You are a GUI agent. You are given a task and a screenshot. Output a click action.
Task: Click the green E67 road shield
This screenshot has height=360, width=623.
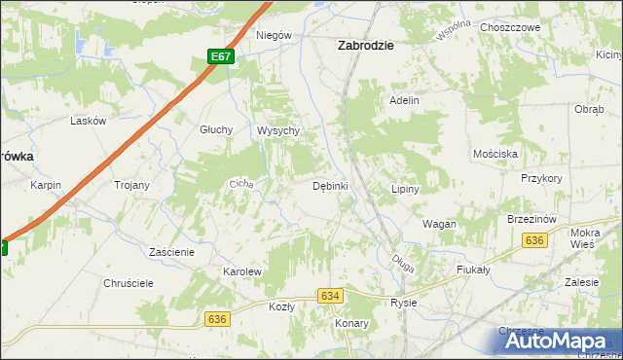pos(222,57)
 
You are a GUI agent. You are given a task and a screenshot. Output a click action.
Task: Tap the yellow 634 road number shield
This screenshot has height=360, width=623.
pos(331,296)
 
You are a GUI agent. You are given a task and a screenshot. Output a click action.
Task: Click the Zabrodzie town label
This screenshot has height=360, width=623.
pos(365,44)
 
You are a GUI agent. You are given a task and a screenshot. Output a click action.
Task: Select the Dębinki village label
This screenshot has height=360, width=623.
pos(330,185)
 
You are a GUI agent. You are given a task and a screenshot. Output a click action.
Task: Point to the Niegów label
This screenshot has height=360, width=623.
pos(274,35)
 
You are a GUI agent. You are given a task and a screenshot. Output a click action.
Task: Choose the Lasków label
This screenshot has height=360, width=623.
pos(88,122)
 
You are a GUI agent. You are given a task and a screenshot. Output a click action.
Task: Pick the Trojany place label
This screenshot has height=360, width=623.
pos(131,185)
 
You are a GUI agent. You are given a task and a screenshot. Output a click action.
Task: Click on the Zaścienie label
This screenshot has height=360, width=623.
pos(172,251)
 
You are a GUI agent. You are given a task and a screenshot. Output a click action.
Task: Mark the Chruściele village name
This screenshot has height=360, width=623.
pos(128,283)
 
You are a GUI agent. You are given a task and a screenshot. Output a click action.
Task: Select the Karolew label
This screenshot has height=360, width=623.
pos(242,271)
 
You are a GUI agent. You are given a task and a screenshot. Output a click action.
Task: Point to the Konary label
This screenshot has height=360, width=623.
pos(350,323)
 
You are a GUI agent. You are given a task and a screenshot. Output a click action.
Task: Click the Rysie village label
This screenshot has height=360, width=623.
pos(403,303)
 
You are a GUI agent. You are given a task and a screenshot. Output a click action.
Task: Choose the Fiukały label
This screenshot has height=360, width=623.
pos(472,270)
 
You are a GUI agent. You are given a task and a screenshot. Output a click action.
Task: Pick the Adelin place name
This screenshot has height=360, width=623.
pos(404,100)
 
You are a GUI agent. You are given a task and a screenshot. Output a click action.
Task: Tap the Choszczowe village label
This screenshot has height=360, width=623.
pos(510,28)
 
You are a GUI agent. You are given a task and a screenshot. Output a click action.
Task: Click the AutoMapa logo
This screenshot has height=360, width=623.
pos(554,342)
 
